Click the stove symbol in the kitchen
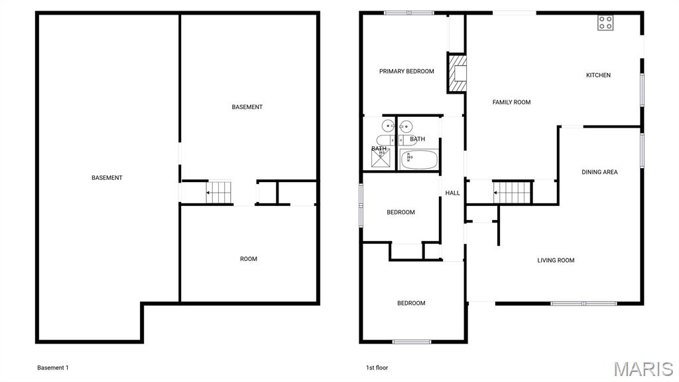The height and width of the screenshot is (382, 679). click(605, 23)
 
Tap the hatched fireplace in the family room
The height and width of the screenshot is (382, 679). click(458, 73)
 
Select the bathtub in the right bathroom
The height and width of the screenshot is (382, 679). click(418, 159)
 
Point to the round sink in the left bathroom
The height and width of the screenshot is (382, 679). click(388, 126)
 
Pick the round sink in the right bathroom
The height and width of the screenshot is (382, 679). click(406, 126)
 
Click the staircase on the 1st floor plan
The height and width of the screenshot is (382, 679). click(513, 192)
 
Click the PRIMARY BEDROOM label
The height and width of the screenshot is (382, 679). click(406, 72)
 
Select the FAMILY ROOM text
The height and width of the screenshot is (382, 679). click(511, 102)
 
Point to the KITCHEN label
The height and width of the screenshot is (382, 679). click(598, 76)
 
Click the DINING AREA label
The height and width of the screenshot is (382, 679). click(599, 172)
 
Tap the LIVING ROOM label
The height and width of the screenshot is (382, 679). click(556, 260)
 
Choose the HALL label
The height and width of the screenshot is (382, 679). click(453, 193)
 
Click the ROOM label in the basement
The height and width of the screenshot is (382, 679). click(249, 259)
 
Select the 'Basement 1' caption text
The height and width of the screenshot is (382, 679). click(53, 368)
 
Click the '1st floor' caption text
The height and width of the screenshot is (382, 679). click(377, 368)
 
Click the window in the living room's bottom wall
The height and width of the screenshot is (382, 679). click(584, 304)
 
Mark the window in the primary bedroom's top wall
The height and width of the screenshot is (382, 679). click(409, 13)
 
